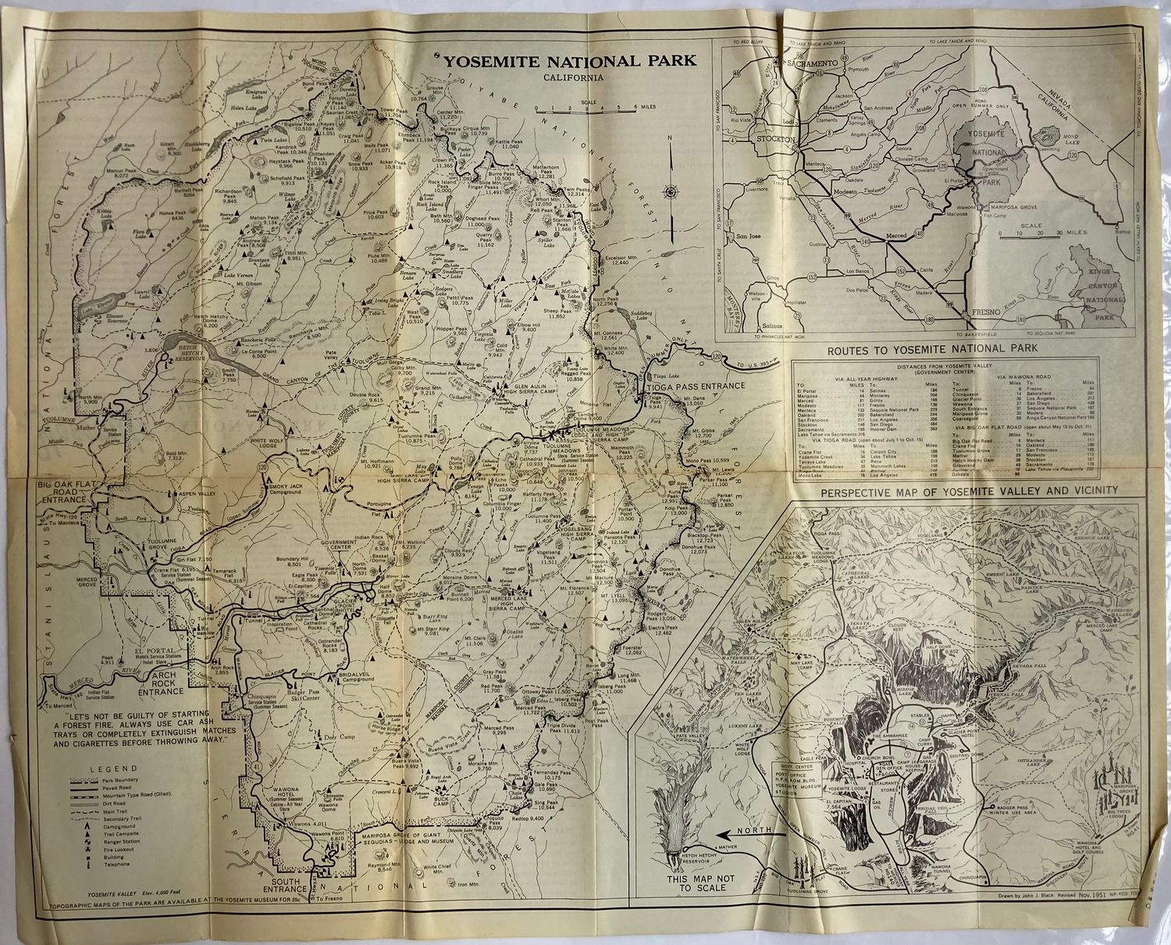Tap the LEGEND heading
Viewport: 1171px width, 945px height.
click(x=114, y=768)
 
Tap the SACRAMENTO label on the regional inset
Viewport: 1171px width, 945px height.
click(x=812, y=62)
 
